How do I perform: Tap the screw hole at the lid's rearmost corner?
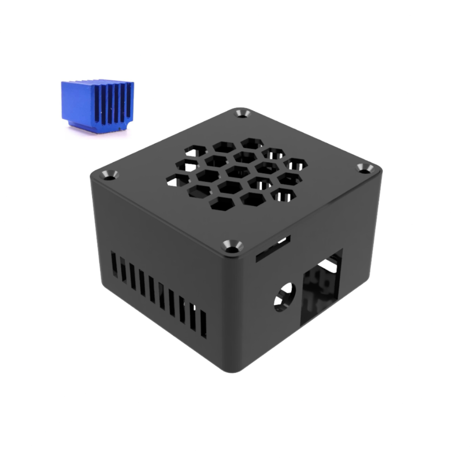242,113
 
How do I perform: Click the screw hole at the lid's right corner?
365,168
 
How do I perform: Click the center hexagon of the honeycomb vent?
237,172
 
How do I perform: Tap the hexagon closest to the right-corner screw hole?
296,164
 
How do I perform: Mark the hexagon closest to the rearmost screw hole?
251,143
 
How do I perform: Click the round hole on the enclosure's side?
284,296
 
